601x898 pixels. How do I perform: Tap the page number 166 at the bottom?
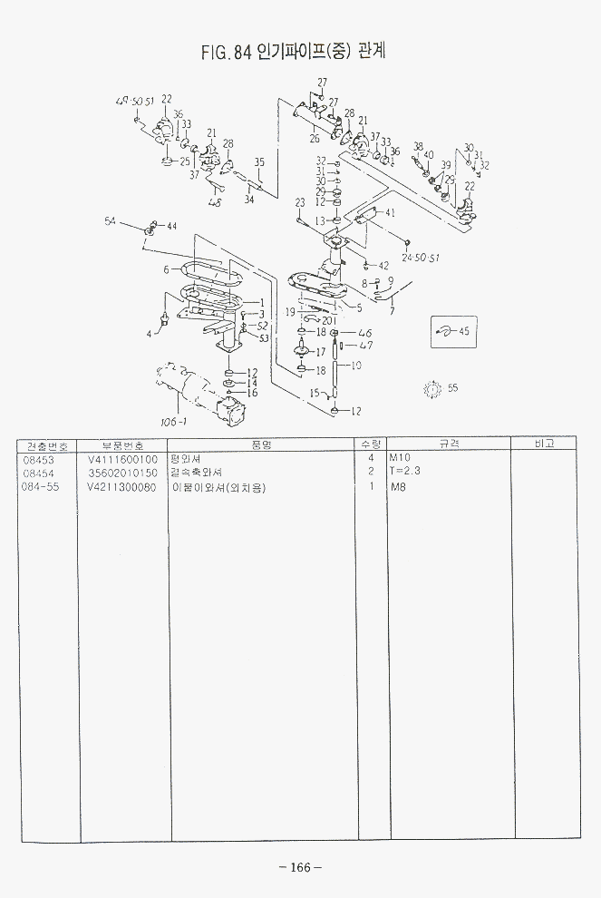(299, 869)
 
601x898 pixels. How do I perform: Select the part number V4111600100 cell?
(122, 459)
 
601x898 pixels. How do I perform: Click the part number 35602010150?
(122, 473)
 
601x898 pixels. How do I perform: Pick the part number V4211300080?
(122, 487)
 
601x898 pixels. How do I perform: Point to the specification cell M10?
(400, 459)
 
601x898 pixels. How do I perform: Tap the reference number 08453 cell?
(37, 459)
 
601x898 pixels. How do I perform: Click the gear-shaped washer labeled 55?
(431, 388)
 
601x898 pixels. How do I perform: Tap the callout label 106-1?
(173, 422)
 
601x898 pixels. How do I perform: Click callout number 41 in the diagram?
(391, 212)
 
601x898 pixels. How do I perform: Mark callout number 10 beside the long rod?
(355, 366)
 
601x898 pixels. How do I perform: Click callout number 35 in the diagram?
(259, 162)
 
